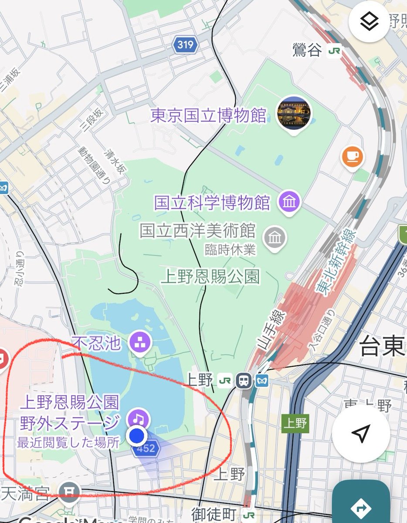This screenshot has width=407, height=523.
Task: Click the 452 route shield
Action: pos(146,448)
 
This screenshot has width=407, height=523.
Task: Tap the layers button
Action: pos(369,21)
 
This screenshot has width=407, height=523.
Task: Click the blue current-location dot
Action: pos(137,435)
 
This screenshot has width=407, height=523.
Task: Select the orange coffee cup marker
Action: pos(353,156)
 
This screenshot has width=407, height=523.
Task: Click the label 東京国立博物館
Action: pos(208,116)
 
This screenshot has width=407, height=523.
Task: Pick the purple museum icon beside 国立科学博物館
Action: pos(288,203)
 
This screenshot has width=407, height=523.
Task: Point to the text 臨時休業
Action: pos(231,250)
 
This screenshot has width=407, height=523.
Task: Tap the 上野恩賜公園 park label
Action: pos(210,277)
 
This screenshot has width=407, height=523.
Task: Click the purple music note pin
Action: pos(138,419)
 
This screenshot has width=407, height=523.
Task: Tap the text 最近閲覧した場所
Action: pos(68,443)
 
